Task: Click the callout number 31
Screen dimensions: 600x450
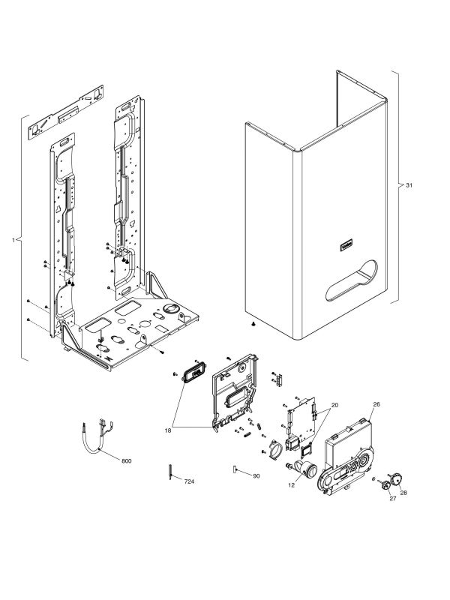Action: pos(409,184)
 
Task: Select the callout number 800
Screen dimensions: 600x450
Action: pos(125,460)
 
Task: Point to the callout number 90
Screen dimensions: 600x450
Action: pos(256,476)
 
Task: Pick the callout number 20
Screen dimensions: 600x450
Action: pos(334,405)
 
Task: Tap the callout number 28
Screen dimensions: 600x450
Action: pos(403,493)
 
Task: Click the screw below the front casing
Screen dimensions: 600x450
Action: pos(253,324)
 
